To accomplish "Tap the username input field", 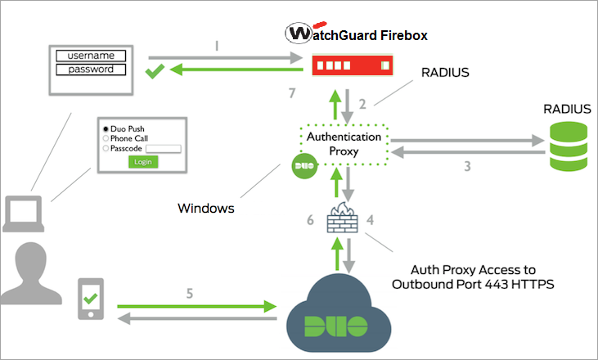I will [x=90, y=56].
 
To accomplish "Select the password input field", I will [x=90, y=70].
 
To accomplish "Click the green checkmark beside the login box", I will [x=154, y=73].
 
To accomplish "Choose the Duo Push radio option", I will [x=106, y=129].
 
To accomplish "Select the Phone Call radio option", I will [x=106, y=138].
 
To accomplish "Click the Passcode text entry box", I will [x=163, y=148].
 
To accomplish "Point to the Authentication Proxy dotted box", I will [x=343, y=143].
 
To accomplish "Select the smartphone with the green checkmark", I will [x=90, y=300].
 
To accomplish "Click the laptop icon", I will [x=22, y=215].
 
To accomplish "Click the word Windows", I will [x=206, y=209].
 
